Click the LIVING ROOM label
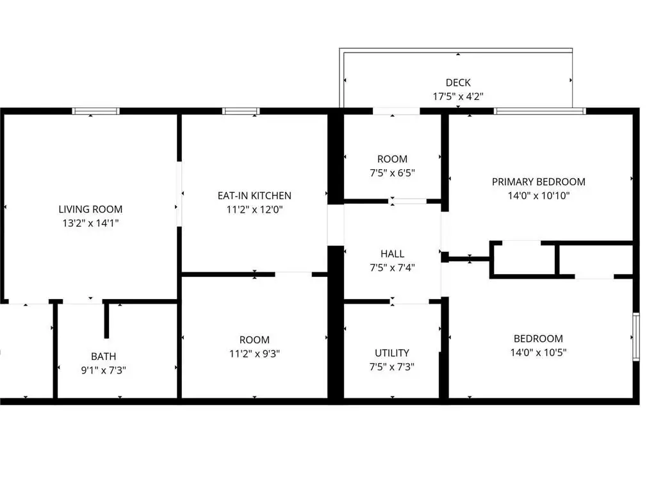90,209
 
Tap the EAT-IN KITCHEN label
254,196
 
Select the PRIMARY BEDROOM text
538,182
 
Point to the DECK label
458,83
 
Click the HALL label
393,254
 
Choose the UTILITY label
392,353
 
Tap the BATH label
103,356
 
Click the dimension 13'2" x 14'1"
90,223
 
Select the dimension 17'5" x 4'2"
458,97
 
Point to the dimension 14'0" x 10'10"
539,196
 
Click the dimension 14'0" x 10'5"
538,353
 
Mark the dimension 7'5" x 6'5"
393,173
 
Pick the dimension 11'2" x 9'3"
254,354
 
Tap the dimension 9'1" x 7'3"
103,370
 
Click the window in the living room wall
96,111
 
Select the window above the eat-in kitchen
241,111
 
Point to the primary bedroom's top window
539,111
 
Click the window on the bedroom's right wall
636,337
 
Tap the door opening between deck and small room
396,111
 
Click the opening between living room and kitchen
179,194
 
